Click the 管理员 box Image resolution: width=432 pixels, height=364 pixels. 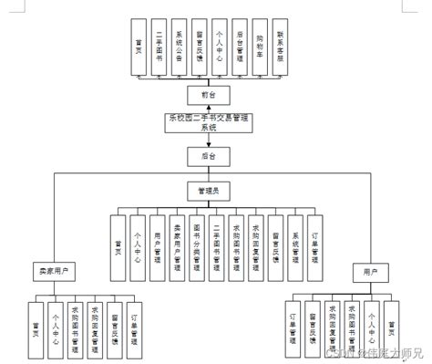coord(208,192)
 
